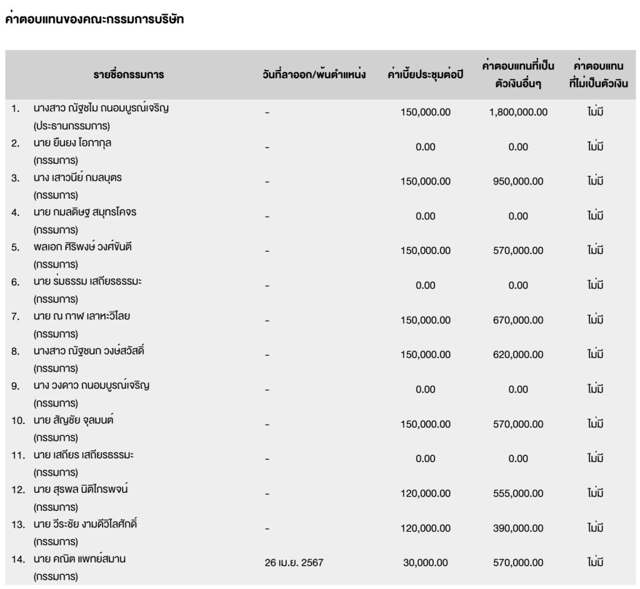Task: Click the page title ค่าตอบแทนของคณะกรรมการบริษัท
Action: pyautogui.click(x=94, y=19)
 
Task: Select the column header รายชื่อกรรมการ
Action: pyautogui.click(x=129, y=75)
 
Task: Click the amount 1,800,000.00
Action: pyautogui.click(x=518, y=113)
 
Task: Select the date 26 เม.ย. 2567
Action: pyautogui.click(x=294, y=562)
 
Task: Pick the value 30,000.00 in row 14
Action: pyautogui.click(x=425, y=562)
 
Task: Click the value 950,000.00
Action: pyautogui.click(x=518, y=181)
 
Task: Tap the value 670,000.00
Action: pyautogui.click(x=518, y=320)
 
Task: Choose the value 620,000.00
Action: pyautogui.click(x=518, y=355)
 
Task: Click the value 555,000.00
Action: pyautogui.click(x=518, y=493)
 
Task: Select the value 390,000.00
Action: pyautogui.click(x=518, y=528)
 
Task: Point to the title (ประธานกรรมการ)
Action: pyautogui.click(x=72, y=125)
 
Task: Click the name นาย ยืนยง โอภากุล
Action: pyautogui.click(x=73, y=143)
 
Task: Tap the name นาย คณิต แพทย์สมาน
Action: pyautogui.click(x=80, y=558)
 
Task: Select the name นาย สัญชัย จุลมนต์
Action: pyautogui.click(x=74, y=420)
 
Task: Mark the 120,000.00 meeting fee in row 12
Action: pyautogui.click(x=425, y=493)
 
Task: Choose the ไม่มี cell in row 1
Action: pyautogui.click(x=595, y=113)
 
